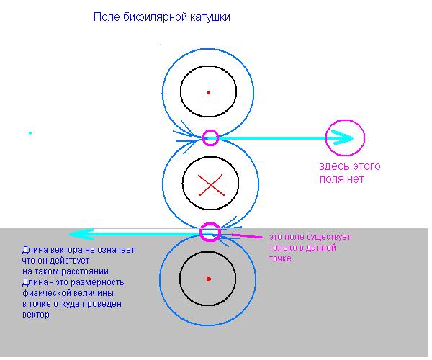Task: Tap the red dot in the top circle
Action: pos(208,92)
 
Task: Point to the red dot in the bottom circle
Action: pos(208,278)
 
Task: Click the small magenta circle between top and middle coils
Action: pos(210,138)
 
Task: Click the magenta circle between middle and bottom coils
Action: pos(210,232)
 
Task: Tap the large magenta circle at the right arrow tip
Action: pos(346,138)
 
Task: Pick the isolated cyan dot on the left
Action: pos(30,133)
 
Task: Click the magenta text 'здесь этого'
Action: pos(350,166)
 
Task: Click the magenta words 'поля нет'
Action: pos(342,179)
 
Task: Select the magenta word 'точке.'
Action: pos(281,258)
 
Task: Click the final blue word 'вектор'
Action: pos(35,315)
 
